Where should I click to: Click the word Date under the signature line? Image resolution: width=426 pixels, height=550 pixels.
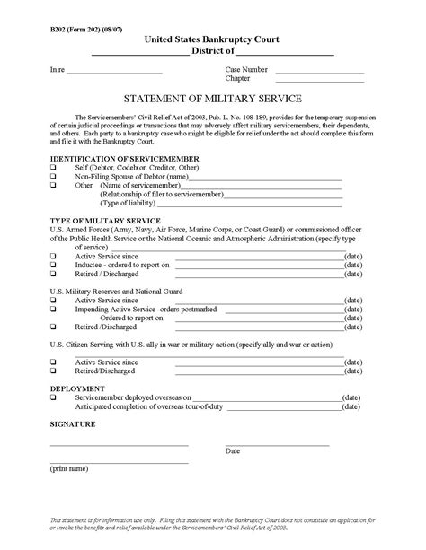click(233, 450)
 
